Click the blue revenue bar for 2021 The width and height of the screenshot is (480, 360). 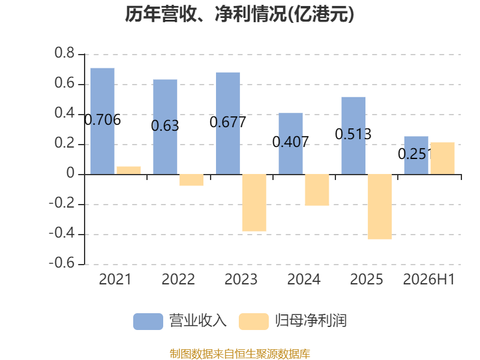pyautogui.click(x=103, y=121)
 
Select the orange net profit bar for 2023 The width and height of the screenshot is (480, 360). pyautogui.click(x=254, y=203)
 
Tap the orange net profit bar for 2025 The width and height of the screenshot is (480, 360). pyautogui.click(x=380, y=206)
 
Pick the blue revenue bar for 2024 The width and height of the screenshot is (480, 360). pyautogui.click(x=290, y=143)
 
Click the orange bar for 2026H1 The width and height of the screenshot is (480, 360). pyautogui.click(x=442, y=158)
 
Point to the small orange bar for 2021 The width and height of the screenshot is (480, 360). pyautogui.click(x=128, y=170)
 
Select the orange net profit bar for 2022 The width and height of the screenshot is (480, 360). pyautogui.click(x=191, y=180)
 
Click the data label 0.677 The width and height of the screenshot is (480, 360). pyautogui.click(x=228, y=122)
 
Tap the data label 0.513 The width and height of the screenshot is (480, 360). pyautogui.click(x=353, y=134)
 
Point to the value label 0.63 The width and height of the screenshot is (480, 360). pyautogui.click(x=165, y=125)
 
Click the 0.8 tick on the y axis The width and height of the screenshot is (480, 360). pyautogui.click(x=65, y=53)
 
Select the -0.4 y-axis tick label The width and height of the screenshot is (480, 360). pyautogui.click(x=62, y=233)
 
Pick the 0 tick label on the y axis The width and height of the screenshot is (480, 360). pyautogui.click(x=70, y=173)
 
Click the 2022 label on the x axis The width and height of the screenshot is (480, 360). pyautogui.click(x=178, y=279)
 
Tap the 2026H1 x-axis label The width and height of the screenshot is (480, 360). pyautogui.click(x=429, y=279)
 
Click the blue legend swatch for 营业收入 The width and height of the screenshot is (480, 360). pyautogui.click(x=148, y=322)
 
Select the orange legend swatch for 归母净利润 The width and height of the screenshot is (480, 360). pyautogui.click(x=254, y=322)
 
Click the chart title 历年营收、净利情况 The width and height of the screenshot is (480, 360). pyautogui.click(x=206, y=14)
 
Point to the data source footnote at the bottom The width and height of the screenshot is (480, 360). pyautogui.click(x=239, y=354)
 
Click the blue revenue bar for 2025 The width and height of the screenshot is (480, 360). pyautogui.click(x=353, y=136)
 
